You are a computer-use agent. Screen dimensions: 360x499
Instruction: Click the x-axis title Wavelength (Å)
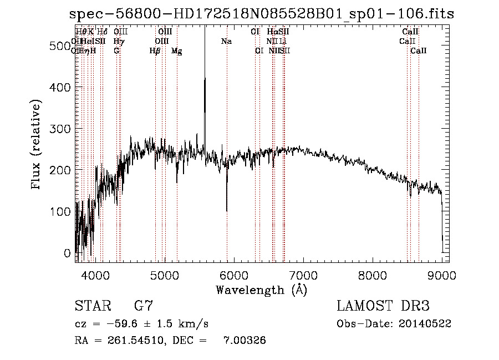pos(261,290)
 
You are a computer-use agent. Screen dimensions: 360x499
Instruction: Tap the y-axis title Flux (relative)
pos(37,145)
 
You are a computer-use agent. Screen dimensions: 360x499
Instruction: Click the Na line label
pos(226,41)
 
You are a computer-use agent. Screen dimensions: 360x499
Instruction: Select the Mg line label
pos(176,50)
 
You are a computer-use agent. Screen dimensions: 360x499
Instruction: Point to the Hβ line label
pos(155,50)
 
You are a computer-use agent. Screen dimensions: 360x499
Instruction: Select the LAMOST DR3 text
pos(383,306)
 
